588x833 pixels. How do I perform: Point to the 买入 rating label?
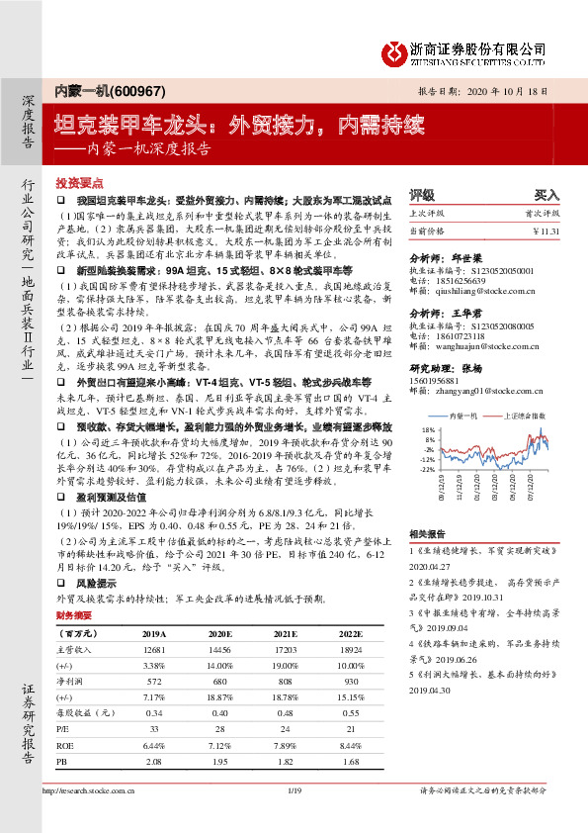point(546,196)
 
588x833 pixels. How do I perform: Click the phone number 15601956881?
point(434,383)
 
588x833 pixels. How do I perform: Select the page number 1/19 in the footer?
point(293,791)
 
